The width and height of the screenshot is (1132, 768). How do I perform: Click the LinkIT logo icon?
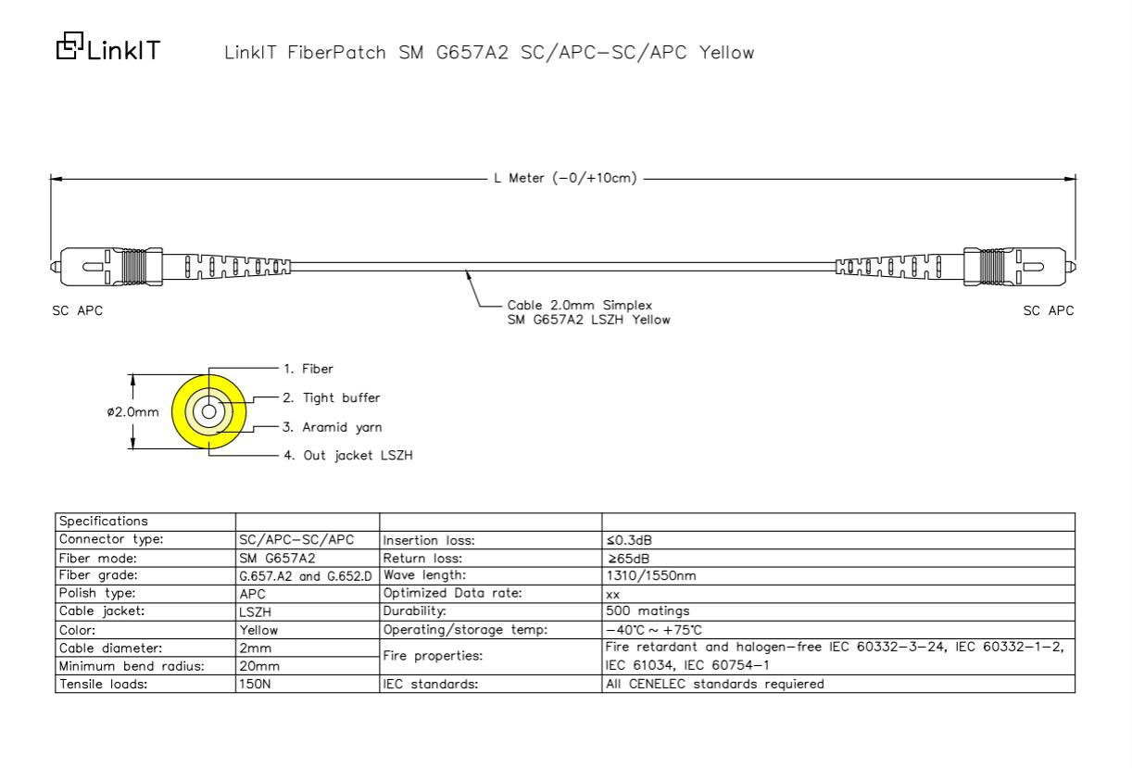pyautogui.click(x=69, y=45)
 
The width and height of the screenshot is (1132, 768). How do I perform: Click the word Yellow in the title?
pyautogui.click(x=726, y=53)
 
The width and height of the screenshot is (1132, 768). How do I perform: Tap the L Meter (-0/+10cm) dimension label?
pyautogui.click(x=565, y=178)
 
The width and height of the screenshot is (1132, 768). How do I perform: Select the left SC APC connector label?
pyautogui.click(x=77, y=310)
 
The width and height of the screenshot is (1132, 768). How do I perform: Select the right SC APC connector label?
pyautogui.click(x=1049, y=310)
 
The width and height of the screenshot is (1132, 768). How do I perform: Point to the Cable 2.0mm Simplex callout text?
pyautogui.click(x=580, y=305)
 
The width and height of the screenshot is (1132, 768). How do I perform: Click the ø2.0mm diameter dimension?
pyautogui.click(x=132, y=411)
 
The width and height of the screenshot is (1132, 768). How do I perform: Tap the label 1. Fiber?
pyautogui.click(x=308, y=369)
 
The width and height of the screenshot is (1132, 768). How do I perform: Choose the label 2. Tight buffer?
pyautogui.click(x=332, y=398)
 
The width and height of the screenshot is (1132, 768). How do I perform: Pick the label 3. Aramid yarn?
pyautogui.click(x=332, y=427)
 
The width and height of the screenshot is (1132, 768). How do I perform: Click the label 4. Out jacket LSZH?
pyautogui.click(x=348, y=455)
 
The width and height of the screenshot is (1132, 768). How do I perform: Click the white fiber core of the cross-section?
pyautogui.click(x=208, y=411)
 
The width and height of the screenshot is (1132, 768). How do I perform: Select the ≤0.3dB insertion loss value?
pyautogui.click(x=629, y=540)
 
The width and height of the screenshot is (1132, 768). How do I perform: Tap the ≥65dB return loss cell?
pyautogui.click(x=628, y=559)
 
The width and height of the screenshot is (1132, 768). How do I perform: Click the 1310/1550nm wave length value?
pyautogui.click(x=651, y=575)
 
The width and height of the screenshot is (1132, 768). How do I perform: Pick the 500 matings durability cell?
pyautogui.click(x=648, y=611)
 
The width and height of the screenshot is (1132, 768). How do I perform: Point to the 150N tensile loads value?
pyautogui.click(x=255, y=684)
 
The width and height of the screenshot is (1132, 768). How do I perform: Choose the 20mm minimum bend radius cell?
pyautogui.click(x=259, y=666)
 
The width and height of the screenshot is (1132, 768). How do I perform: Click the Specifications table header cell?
pyautogui.click(x=104, y=521)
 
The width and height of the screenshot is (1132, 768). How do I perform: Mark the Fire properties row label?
pyautogui.click(x=433, y=655)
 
